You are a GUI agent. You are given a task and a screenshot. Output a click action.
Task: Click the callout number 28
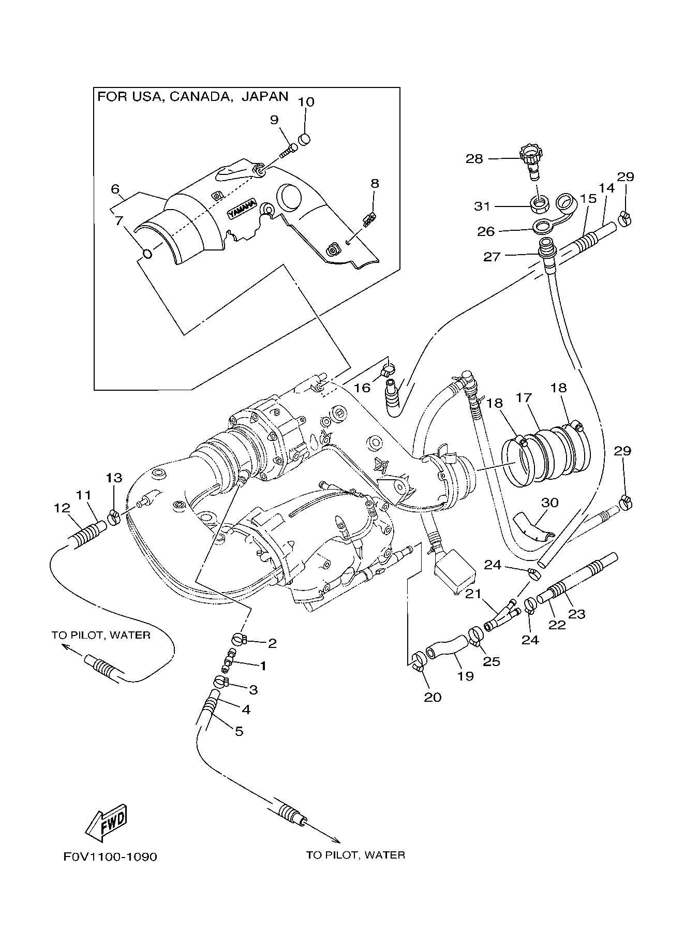pyautogui.click(x=474, y=158)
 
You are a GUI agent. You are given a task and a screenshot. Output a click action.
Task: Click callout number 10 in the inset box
pyautogui.click(x=306, y=101)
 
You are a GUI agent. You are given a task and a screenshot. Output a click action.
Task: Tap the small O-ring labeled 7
pyautogui.click(x=147, y=254)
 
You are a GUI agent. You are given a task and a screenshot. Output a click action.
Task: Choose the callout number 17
pyautogui.click(x=524, y=398)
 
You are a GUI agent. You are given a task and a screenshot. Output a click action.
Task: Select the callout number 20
pyautogui.click(x=433, y=697)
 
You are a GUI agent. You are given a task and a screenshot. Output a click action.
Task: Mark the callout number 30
pyautogui.click(x=550, y=503)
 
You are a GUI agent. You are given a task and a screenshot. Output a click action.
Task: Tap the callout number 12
pyautogui.click(x=62, y=509)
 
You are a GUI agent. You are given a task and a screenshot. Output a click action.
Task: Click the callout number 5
pyautogui.click(x=239, y=731)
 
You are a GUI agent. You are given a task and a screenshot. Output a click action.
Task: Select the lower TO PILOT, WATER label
pyautogui.click(x=355, y=855)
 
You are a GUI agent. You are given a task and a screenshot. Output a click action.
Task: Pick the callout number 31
pyautogui.click(x=482, y=206)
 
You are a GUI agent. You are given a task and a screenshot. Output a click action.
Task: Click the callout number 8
pyautogui.click(x=375, y=183)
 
